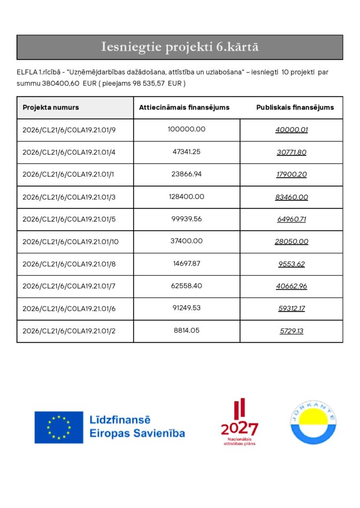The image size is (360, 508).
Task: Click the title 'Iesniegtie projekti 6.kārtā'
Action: (180, 47)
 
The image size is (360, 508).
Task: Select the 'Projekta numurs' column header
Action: (51, 107)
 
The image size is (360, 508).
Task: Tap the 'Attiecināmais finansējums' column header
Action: (184, 107)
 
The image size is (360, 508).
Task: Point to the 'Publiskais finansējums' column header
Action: (295, 107)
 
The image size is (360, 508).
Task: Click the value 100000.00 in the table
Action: (186, 129)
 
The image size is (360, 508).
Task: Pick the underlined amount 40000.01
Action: (291, 130)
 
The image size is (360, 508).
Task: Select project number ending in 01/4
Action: (69, 152)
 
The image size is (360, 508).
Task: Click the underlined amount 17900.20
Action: (291, 175)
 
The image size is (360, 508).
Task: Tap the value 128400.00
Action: (186, 196)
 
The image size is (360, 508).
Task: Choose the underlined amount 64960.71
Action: (291, 219)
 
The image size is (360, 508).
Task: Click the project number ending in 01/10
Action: (71, 242)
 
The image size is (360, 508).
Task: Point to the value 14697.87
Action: (186, 263)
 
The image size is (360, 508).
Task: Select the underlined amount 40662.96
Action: (291, 286)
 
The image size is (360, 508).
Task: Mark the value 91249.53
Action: (186, 308)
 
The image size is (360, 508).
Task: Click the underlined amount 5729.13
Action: (291, 331)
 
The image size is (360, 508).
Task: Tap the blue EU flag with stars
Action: (59, 427)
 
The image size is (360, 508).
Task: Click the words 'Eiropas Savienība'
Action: (137, 434)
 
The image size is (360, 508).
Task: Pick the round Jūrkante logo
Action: (313, 422)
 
